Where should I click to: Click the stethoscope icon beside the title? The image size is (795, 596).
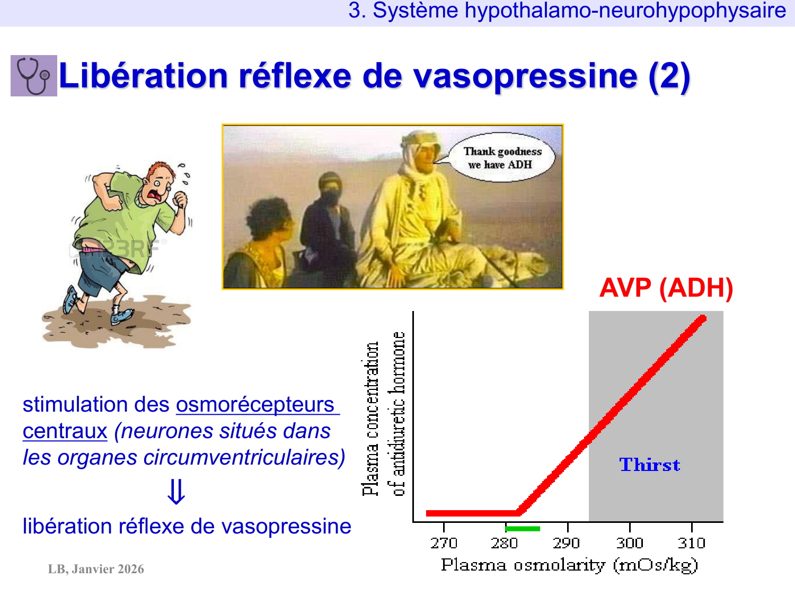tap(34, 76)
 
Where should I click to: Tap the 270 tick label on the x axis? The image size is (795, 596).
tap(444, 543)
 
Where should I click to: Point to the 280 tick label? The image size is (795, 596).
tap(505, 543)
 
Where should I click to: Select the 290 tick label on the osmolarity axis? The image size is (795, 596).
tap(567, 543)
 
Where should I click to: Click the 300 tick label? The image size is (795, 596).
tap(630, 543)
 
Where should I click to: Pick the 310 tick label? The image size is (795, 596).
tap(692, 543)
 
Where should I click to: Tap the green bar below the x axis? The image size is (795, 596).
tap(523, 529)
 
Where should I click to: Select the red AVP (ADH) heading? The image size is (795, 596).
tap(666, 288)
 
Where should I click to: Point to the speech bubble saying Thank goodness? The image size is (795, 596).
tap(502, 158)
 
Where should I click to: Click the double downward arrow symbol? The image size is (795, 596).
tap(176, 492)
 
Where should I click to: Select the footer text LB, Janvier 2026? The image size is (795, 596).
tap(96, 569)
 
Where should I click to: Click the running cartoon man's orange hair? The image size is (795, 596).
tap(160, 170)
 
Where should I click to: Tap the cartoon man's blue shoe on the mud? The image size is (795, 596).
tap(121, 316)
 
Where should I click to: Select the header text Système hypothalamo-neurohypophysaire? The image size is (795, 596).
tap(579, 10)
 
